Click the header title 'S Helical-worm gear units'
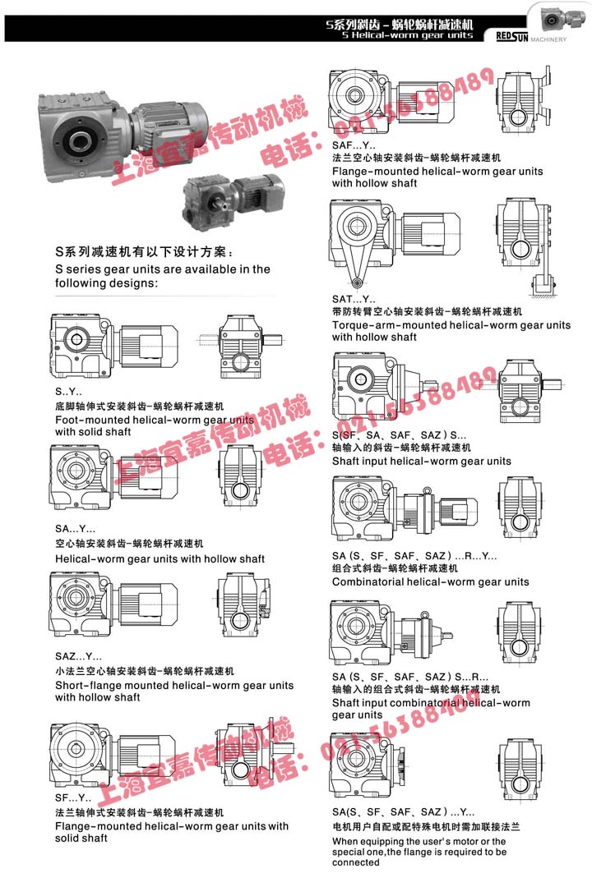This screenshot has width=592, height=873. pos(400,36)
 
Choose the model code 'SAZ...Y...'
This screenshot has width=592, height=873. pos(79,657)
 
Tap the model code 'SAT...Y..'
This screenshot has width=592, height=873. pos(354,299)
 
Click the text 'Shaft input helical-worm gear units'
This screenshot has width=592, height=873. pos(421,461)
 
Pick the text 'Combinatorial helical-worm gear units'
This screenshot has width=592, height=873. pos(430,581)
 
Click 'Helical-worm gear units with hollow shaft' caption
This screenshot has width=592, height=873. pos(160,558)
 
